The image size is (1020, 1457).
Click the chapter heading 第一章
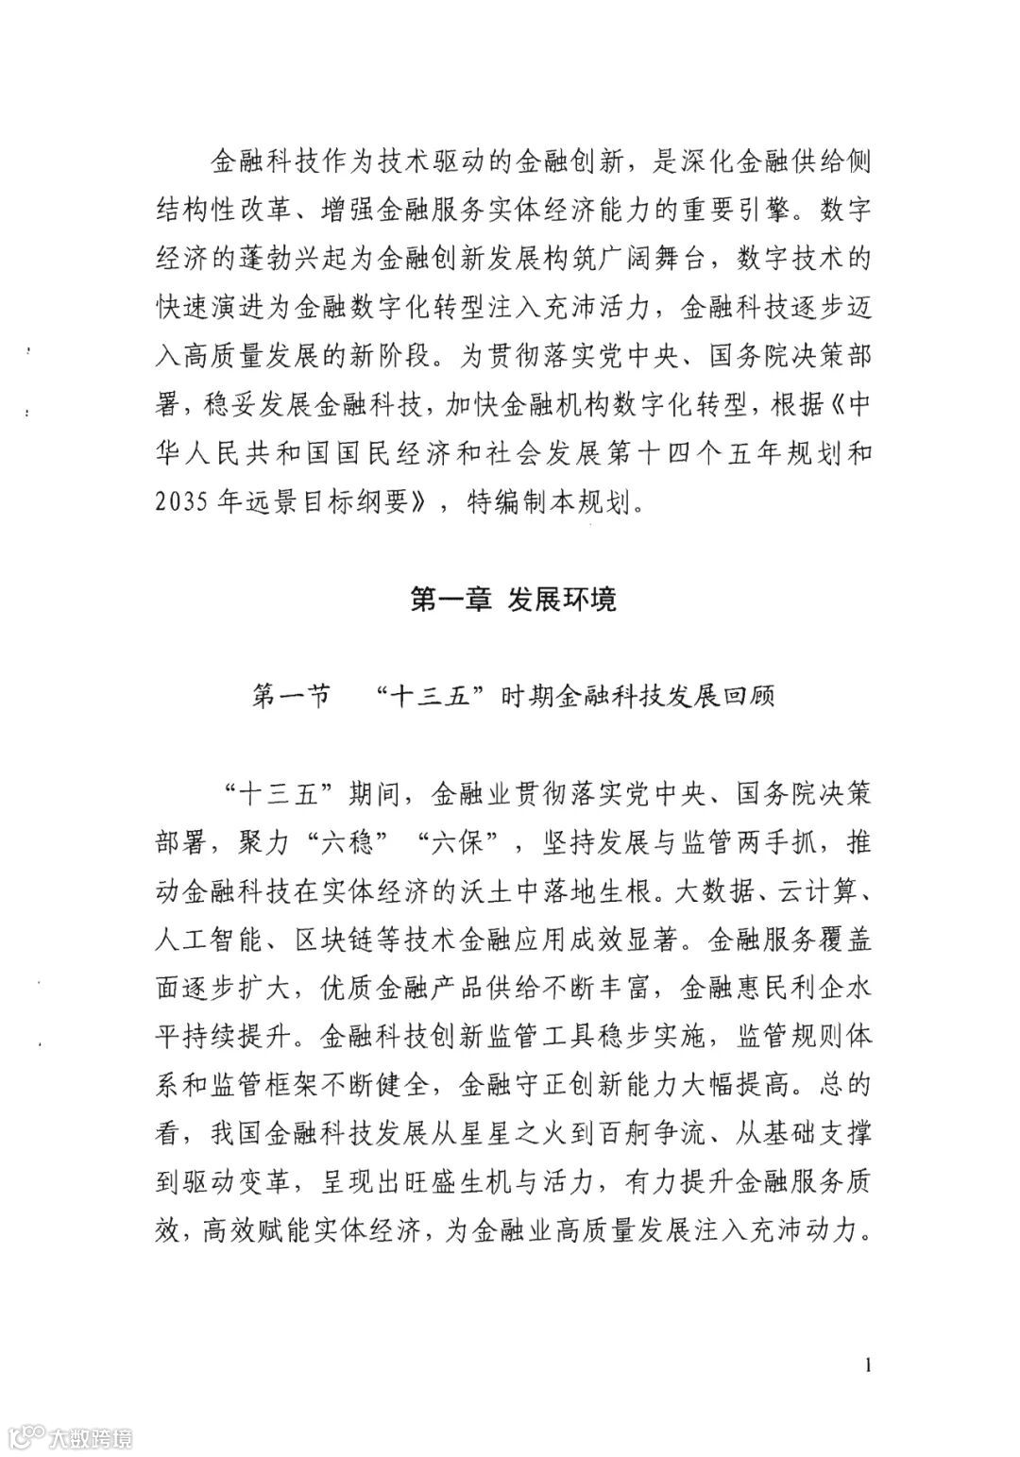(x=450, y=599)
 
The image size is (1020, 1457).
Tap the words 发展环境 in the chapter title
(x=562, y=599)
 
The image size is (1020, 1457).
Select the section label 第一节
(x=290, y=699)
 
